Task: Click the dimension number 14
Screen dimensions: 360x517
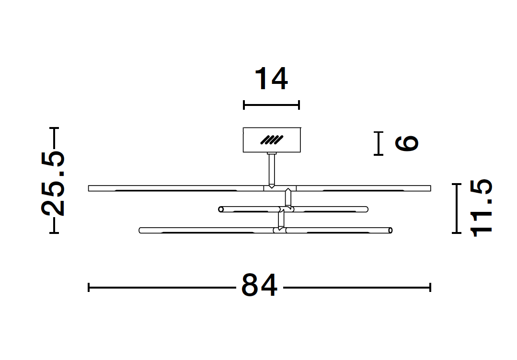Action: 271,79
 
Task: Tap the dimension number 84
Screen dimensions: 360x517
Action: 259,286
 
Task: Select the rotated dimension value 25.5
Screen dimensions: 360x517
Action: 53,183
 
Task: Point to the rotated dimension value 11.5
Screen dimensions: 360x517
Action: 481,208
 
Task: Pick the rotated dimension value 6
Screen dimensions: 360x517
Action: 407,143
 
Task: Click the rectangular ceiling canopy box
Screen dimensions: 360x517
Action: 272,139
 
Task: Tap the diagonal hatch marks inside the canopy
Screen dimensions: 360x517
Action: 272,140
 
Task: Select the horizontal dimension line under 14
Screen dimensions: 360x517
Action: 271,105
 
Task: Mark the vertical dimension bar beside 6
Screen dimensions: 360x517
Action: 379,143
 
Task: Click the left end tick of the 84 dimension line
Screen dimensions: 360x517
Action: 89,287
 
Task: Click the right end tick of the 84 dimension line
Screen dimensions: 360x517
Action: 430,287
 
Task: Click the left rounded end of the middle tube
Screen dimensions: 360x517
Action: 221,209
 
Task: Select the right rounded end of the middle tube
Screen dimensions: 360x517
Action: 366,209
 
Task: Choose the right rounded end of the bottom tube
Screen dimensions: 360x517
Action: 391,231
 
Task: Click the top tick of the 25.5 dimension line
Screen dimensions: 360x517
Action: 54,128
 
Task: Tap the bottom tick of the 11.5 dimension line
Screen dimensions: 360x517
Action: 457,232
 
